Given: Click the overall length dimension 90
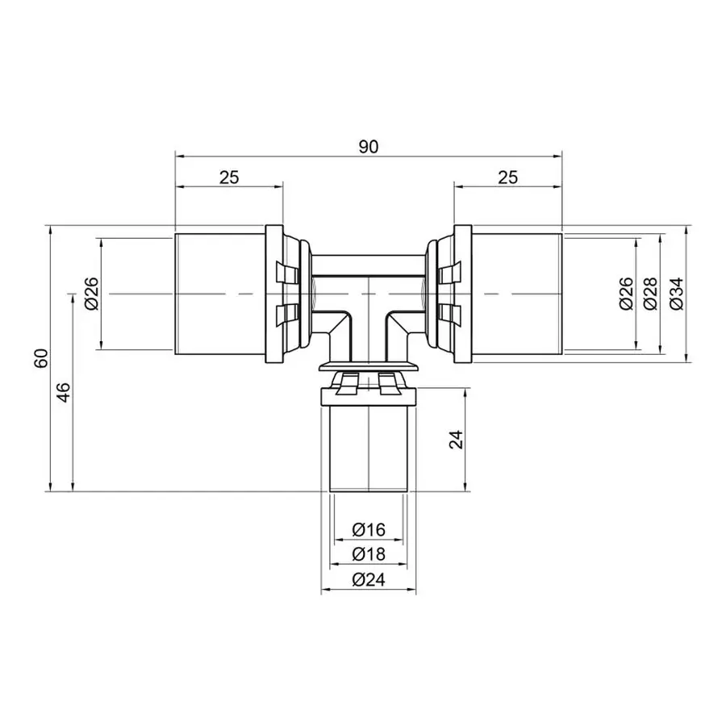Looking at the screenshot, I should [x=369, y=146].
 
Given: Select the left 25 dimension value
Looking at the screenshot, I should [x=229, y=177].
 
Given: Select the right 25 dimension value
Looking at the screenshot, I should [x=507, y=177].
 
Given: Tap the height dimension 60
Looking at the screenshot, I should [x=41, y=357].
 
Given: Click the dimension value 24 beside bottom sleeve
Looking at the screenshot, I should [x=457, y=439].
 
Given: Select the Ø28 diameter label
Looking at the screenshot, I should [x=651, y=294].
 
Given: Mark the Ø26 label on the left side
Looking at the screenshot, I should [x=90, y=294].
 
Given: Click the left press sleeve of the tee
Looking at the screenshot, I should [x=219, y=294].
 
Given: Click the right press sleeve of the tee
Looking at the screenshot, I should [x=516, y=294].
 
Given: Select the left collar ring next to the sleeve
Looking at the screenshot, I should [x=275, y=294].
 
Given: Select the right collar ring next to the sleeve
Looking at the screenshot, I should [x=461, y=294].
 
